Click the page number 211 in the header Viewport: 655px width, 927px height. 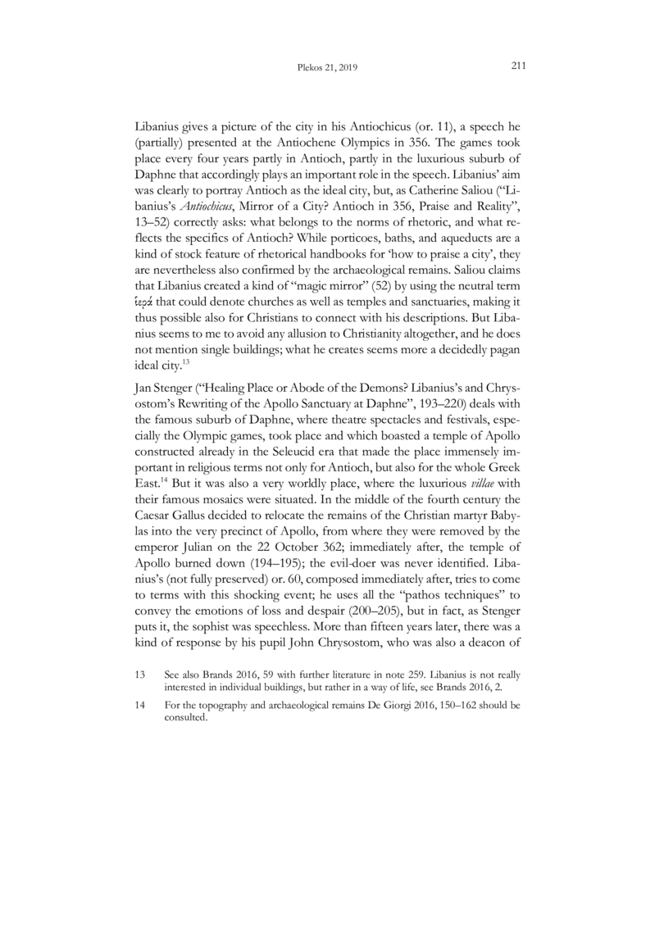pyautogui.click(x=516, y=68)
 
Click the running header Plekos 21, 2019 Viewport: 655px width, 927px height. pyautogui.click(x=328, y=69)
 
